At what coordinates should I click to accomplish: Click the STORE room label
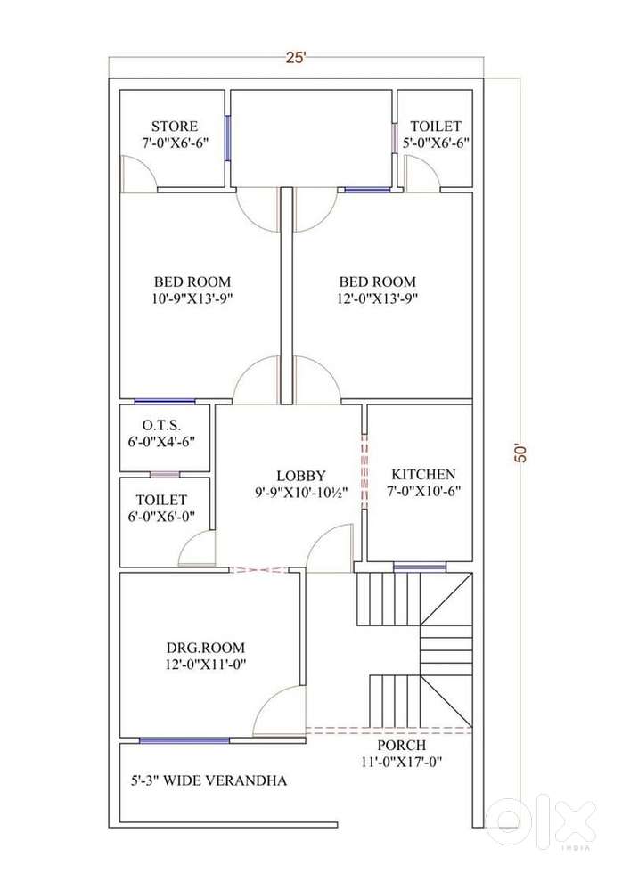175,126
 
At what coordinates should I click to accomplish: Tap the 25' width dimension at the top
296,58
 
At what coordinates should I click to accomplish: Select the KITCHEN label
423,474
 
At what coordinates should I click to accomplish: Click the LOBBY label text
301,476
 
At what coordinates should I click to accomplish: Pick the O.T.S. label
162,425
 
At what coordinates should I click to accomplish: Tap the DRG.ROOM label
206,648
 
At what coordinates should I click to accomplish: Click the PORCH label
402,746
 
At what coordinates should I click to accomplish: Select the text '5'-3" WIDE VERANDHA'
209,780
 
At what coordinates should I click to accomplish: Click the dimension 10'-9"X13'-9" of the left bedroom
193,298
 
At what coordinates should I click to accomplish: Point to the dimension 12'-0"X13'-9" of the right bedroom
378,298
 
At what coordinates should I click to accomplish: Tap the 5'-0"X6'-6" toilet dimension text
436,143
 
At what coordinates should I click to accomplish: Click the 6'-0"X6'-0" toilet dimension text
161,516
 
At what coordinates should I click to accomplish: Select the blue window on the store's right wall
227,140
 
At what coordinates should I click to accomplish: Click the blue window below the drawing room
184,740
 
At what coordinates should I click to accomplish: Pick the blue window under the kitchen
420,566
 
